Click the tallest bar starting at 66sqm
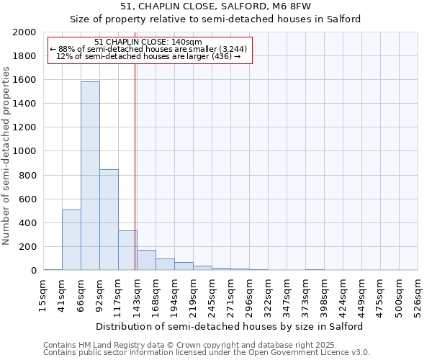coord(90,176)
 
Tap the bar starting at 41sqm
coord(71,240)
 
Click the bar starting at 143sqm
coord(146,260)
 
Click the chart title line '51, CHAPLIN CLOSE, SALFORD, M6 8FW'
coord(215,7)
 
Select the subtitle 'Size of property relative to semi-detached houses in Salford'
coord(215,19)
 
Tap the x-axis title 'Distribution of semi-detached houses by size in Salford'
coord(229,326)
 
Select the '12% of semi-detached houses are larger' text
coord(148,56)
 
